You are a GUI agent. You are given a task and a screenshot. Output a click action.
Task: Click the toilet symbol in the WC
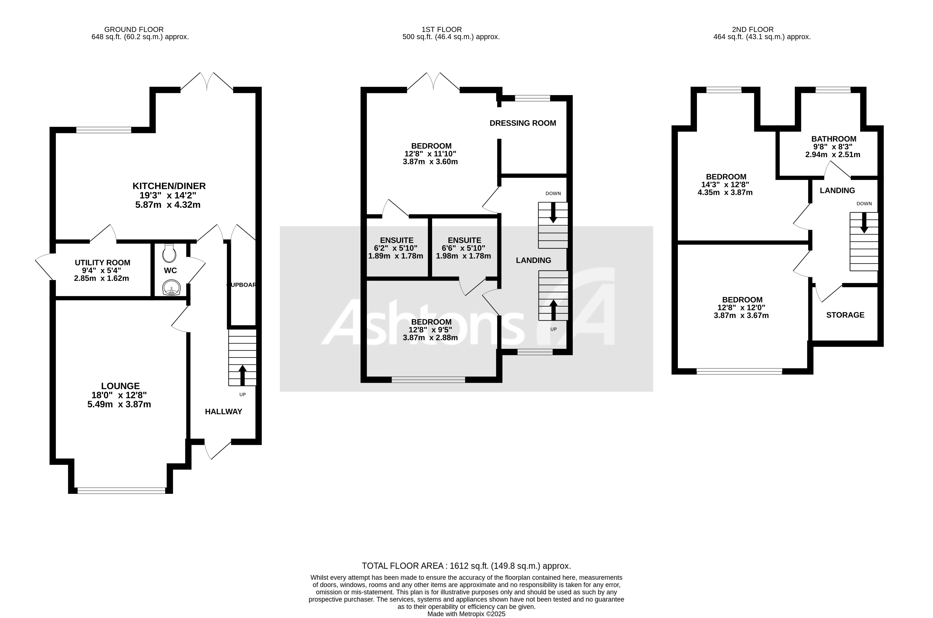pos(169,253)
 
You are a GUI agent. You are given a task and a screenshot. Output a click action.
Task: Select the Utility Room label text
pos(102,263)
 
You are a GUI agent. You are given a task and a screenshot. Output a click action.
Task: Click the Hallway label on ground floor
pos(223,411)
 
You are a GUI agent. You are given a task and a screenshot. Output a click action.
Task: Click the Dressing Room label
pos(523,123)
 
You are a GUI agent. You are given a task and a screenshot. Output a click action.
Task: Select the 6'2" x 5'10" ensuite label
pos(396,248)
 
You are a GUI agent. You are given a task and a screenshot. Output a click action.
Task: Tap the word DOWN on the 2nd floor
pos(864,204)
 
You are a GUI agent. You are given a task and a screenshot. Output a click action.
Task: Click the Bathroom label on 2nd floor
pos(833,139)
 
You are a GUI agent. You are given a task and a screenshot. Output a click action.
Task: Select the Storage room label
pos(845,315)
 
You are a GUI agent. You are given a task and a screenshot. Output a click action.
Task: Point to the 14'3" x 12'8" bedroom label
pos(725,185)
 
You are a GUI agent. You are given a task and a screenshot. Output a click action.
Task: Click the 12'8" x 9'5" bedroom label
pos(430,329)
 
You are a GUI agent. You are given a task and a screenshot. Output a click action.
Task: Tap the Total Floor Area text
pos(466,566)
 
